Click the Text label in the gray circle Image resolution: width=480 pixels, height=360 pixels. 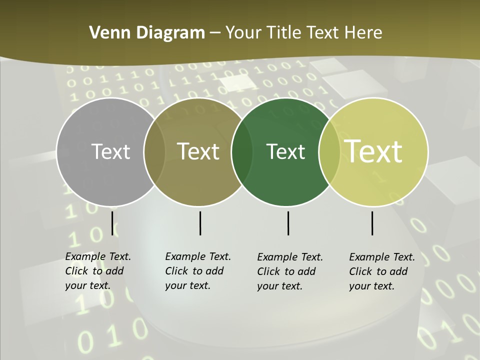click(x=110, y=151)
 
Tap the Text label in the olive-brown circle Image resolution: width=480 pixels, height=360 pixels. click(x=198, y=151)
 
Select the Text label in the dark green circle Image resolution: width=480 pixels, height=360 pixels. click(x=285, y=151)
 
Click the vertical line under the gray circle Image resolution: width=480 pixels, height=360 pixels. click(x=112, y=223)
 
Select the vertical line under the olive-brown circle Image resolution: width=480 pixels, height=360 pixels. click(x=200, y=223)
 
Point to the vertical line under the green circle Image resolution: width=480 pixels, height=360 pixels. click(x=288, y=223)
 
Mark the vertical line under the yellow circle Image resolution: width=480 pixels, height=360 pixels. click(x=372, y=223)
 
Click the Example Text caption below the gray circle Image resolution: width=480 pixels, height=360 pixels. click(x=97, y=271)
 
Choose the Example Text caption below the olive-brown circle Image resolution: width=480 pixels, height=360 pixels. click(x=197, y=271)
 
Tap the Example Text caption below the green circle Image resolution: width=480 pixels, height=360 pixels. click(x=289, y=271)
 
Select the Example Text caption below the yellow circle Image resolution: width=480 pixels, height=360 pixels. click(x=381, y=271)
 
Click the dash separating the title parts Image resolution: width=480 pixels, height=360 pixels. click(x=215, y=33)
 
